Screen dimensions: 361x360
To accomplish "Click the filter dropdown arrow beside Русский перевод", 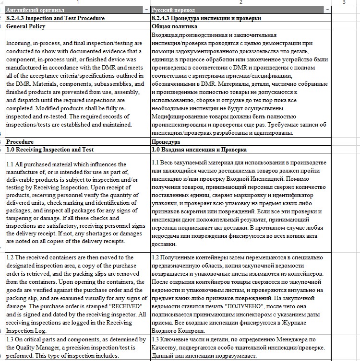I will click(x=327, y=10).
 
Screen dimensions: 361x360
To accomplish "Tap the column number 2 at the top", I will click(x=240, y=2).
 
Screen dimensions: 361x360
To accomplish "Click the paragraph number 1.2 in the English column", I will click(x=11, y=257).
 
